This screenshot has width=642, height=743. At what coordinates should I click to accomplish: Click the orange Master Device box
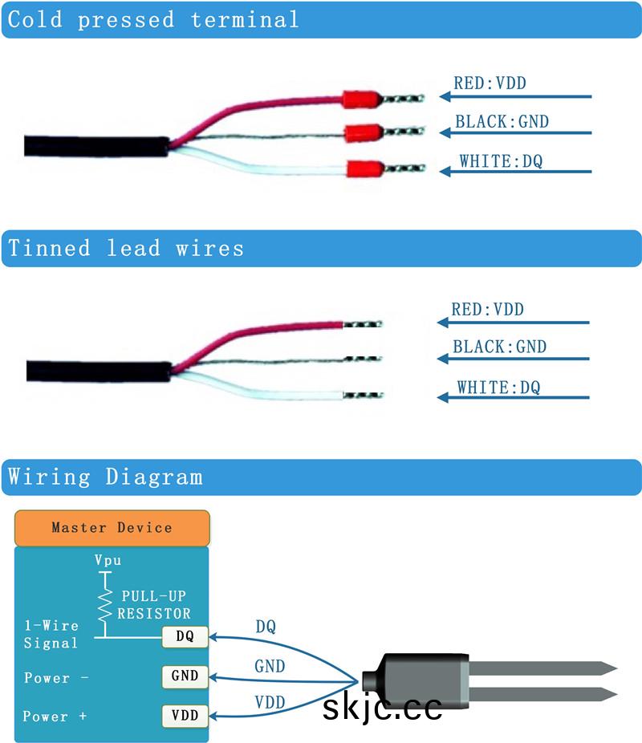[112, 528]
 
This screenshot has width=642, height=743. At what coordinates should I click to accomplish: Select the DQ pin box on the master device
[185, 637]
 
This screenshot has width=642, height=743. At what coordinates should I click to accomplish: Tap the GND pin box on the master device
[185, 676]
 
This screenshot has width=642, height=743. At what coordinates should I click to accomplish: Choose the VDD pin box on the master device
[185, 714]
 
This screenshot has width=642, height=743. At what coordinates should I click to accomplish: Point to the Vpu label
[108, 561]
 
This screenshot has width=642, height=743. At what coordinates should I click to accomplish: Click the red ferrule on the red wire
[360, 99]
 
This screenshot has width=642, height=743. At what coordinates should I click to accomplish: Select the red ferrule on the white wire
[363, 169]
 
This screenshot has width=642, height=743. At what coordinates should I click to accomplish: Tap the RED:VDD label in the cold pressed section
[490, 83]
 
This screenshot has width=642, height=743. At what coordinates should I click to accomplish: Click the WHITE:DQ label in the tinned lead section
[498, 388]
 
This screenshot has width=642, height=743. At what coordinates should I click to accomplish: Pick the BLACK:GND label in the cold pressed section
[502, 122]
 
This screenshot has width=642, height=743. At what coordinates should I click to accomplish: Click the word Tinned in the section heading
[49, 248]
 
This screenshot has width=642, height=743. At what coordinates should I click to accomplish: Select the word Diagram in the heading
[154, 477]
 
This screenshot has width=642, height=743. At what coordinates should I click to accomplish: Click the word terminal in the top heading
[245, 19]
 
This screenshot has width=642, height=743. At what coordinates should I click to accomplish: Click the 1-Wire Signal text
[51, 634]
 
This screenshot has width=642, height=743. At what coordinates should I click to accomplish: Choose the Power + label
[55, 717]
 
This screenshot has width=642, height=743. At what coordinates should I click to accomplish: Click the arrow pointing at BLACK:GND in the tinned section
[514, 359]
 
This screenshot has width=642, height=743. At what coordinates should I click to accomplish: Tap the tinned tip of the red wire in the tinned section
[363, 324]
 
